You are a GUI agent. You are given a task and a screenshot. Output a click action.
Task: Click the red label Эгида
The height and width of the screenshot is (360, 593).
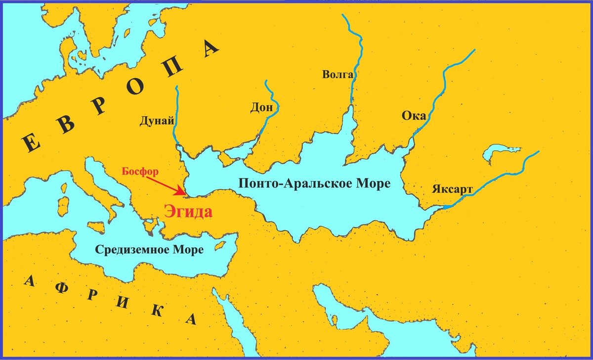tap(188, 212)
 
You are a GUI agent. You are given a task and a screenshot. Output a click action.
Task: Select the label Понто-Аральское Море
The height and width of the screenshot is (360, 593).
tap(314, 183)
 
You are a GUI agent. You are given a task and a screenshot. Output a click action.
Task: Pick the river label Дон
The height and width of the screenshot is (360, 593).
tap(257, 109)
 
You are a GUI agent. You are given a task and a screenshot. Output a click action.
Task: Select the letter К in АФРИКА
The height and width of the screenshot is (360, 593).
tap(157, 310)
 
